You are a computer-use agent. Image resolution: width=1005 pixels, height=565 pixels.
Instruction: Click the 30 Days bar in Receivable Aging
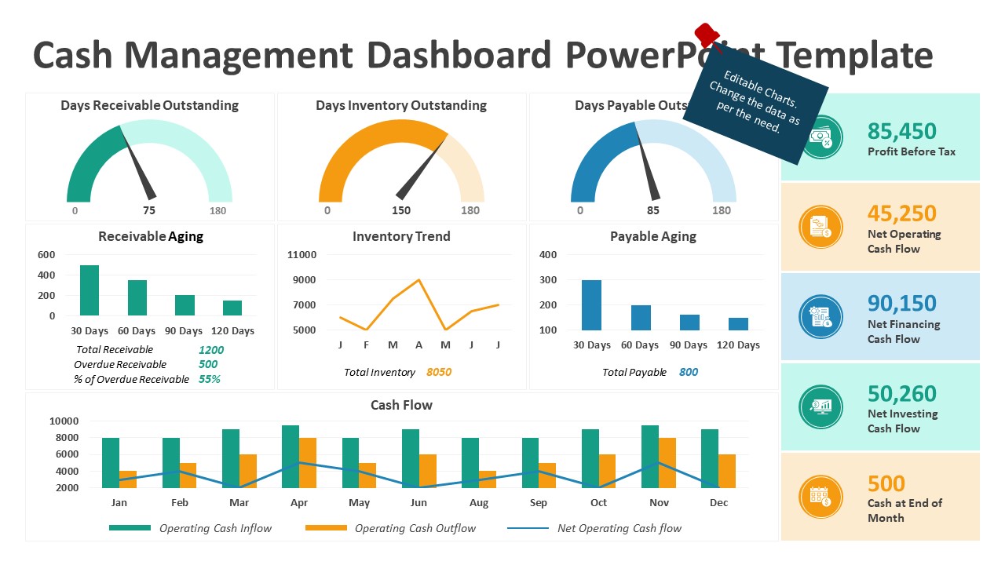pyautogui.click(x=90, y=290)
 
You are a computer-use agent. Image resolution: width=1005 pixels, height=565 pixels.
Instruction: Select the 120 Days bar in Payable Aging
pyautogui.click(x=738, y=323)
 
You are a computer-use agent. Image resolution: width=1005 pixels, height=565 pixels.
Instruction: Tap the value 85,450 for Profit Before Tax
pyautogui.click(x=901, y=131)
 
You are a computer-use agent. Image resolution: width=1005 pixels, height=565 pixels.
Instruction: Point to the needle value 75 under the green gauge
pyautogui.click(x=149, y=210)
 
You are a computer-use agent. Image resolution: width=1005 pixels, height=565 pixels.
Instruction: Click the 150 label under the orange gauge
pyautogui.click(x=401, y=210)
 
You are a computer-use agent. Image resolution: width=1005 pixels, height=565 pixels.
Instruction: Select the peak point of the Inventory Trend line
pyautogui.click(x=419, y=280)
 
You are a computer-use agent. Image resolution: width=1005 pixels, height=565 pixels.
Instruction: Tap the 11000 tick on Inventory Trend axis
pyautogui.click(x=302, y=255)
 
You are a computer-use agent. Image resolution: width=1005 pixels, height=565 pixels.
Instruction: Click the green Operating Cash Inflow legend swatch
pyautogui.click(x=130, y=528)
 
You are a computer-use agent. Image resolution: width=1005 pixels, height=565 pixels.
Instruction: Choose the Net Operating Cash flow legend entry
pyautogui.click(x=619, y=528)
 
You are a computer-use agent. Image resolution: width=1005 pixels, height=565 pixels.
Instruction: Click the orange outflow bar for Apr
pyautogui.click(x=308, y=463)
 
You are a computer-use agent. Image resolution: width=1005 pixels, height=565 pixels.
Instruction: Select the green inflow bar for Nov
pyautogui.click(x=649, y=456)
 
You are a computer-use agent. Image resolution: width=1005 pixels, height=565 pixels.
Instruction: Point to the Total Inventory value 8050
pyautogui.click(x=439, y=372)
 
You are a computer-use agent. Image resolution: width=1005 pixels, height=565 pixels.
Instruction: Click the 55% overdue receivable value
pyautogui.click(x=209, y=379)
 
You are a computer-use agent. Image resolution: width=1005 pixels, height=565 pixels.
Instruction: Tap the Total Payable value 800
pyautogui.click(x=688, y=372)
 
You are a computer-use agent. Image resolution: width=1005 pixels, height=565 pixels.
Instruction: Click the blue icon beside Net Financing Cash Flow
pyautogui.click(x=820, y=317)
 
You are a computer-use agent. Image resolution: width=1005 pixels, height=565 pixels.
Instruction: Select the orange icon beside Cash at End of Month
pyautogui.click(x=820, y=497)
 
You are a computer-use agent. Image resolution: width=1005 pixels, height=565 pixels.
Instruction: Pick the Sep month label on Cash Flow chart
pyautogui.click(x=539, y=503)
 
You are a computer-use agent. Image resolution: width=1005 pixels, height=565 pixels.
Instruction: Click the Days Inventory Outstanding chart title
pyautogui.click(x=401, y=105)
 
